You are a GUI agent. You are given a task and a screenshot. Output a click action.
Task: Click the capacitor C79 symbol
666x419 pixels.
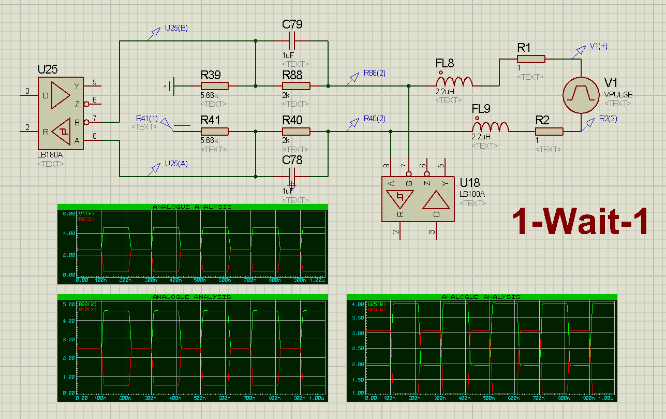tap(292, 40)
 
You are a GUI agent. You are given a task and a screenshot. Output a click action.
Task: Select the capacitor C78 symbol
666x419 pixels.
tap(292, 176)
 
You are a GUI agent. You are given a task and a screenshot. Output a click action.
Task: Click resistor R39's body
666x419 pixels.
tap(214, 86)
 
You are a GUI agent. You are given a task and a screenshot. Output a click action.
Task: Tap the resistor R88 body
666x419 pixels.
tap(296, 86)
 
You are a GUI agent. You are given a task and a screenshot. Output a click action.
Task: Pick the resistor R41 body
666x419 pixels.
tap(214, 132)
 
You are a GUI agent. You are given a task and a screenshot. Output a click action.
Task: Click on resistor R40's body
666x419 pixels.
tap(296, 132)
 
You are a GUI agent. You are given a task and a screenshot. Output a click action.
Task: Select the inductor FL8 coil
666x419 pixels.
tap(454, 83)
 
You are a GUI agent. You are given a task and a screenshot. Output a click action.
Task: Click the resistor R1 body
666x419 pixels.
tap(531, 59)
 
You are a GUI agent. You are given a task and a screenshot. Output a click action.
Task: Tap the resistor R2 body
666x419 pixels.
tap(549, 132)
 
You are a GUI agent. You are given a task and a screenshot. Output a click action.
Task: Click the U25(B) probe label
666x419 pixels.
tap(176, 27)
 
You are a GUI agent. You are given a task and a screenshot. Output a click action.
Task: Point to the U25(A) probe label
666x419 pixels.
tap(176, 163)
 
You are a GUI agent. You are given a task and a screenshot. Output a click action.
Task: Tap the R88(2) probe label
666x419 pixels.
tap(374, 73)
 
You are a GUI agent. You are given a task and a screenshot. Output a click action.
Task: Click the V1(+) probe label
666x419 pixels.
tap(598, 46)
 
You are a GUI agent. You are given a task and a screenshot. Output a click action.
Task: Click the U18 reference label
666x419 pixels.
tap(469, 183)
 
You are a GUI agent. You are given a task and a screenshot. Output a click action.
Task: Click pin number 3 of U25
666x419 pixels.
tap(28, 92)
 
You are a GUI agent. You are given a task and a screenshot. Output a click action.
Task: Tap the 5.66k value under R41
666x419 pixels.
tap(210, 140)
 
